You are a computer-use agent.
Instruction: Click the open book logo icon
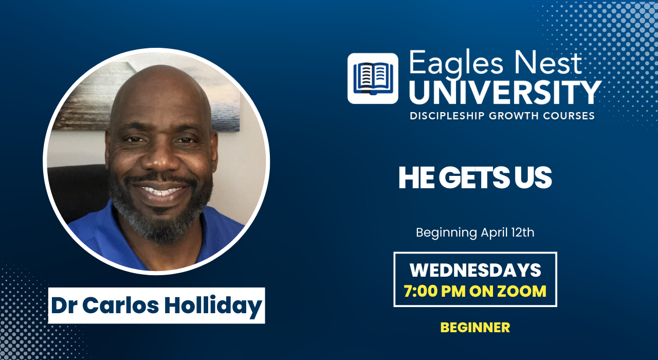(x=373, y=79)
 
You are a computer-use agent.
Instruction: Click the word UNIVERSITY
(x=505, y=93)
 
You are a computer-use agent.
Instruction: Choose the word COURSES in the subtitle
(x=569, y=116)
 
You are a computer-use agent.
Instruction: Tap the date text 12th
(x=523, y=232)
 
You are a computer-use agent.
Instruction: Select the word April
(x=494, y=233)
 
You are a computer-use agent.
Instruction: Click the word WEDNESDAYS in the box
(x=476, y=270)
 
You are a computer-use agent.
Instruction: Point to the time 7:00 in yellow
(x=420, y=291)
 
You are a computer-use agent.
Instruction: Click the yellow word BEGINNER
(x=475, y=328)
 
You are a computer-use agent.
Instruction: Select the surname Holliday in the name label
(x=213, y=307)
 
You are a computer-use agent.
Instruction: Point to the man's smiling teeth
(x=160, y=190)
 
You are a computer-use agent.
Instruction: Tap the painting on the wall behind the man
(x=147, y=97)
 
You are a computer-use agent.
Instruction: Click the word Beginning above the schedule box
(x=447, y=233)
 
